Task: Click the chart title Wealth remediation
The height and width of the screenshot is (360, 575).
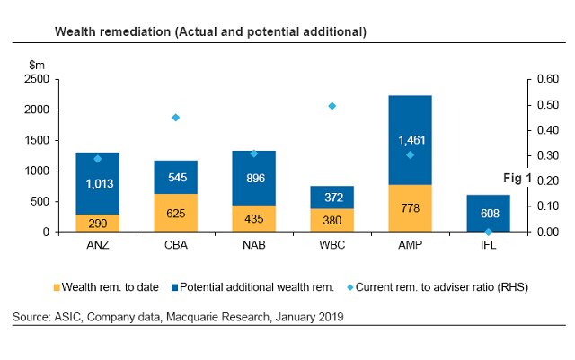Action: click(x=209, y=31)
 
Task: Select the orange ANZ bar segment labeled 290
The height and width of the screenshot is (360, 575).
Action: click(x=97, y=223)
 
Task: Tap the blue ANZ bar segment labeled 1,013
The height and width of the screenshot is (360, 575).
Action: click(x=97, y=183)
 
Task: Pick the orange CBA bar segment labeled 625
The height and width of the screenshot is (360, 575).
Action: click(x=176, y=213)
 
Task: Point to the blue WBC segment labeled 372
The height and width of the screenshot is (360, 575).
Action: click(x=332, y=198)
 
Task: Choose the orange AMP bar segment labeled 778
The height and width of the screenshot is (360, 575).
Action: click(x=410, y=208)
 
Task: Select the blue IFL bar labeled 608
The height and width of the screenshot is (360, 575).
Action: click(x=489, y=213)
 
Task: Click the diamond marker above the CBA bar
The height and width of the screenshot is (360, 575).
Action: click(x=176, y=118)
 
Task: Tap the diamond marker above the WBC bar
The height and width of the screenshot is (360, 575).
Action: click(x=332, y=106)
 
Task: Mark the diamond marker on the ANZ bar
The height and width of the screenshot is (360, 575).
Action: click(x=98, y=159)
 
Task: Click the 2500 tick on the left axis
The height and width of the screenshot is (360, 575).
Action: click(x=36, y=79)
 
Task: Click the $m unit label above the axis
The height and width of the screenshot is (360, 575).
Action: click(x=37, y=65)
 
